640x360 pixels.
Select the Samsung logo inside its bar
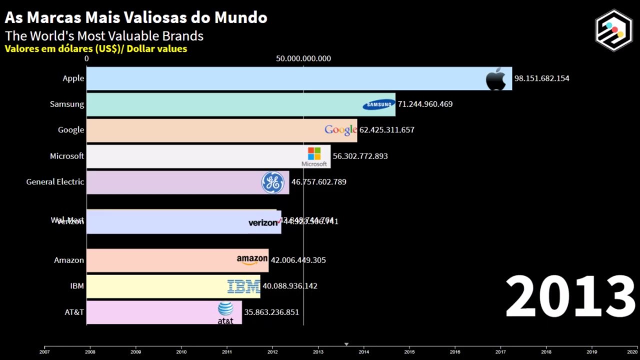[378, 104]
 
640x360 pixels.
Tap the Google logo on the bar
[340, 130]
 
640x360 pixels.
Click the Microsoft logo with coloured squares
[314, 156]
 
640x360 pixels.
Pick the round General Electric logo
[272, 182]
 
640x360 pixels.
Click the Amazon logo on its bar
[252, 260]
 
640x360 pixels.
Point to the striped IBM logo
[243, 286]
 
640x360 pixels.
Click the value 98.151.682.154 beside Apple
[541, 78]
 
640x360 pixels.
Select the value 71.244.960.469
[425, 104]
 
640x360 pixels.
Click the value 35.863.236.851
[271, 312]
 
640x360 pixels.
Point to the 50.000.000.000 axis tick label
[303, 58]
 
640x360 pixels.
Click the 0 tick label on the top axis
[86, 58]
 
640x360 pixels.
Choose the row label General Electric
[55, 182]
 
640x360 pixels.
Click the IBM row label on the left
[77, 286]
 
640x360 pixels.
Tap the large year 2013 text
[570, 297]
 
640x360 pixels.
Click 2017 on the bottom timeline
[500, 352]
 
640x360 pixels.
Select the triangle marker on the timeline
[346, 344]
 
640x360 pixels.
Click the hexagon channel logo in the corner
[613, 30]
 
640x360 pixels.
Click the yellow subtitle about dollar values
[96, 49]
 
